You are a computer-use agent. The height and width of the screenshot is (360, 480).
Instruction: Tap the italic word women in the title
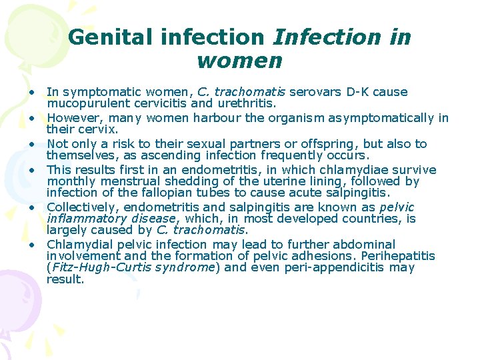pos(240,61)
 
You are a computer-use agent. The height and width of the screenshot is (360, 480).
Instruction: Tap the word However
pos(71,118)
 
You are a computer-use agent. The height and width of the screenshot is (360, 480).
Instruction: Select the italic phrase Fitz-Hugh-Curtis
pos(95,267)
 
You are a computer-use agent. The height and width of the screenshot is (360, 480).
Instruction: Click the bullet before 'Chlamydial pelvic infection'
pos(31,245)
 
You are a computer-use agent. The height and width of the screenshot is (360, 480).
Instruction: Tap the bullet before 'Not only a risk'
pos(31,144)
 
